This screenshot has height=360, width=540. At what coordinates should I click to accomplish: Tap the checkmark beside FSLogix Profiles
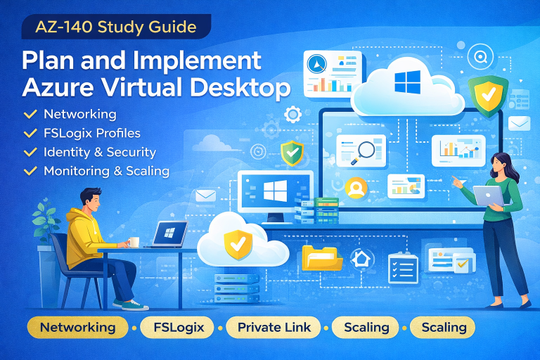[30, 133]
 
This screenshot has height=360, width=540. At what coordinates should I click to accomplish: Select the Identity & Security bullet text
[99, 152]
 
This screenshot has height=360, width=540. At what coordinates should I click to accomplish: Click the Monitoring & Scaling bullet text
[106, 171]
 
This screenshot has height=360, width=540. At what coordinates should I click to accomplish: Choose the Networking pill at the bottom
[77, 327]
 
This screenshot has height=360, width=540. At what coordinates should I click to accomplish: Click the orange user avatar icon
[356, 188]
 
